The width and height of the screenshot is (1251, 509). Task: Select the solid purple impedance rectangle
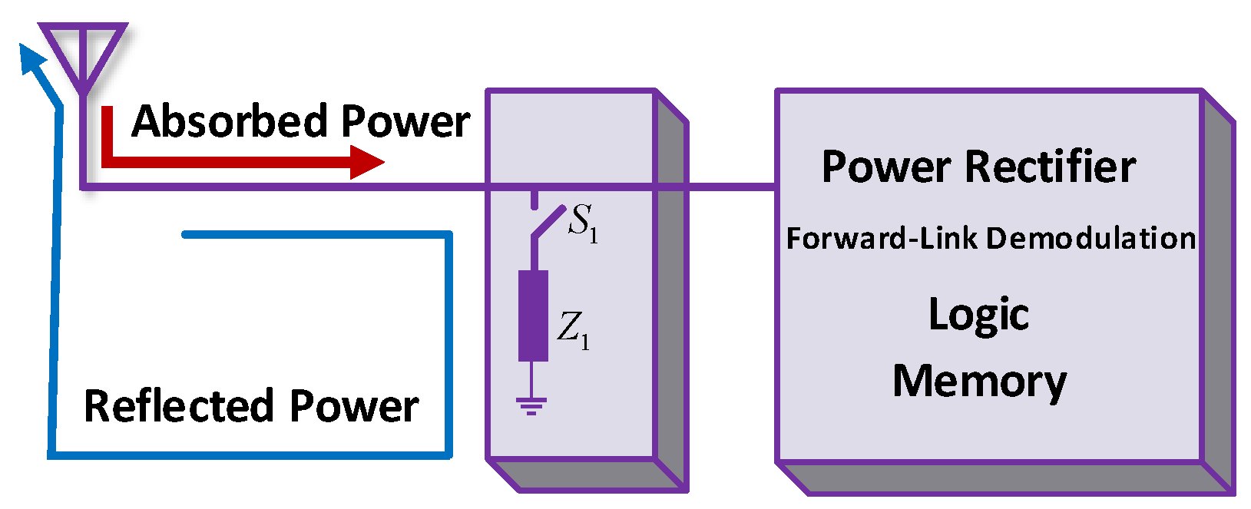(533, 316)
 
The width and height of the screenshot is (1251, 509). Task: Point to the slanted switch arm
(548, 223)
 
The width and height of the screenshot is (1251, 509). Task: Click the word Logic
(978, 315)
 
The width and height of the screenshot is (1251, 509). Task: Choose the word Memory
(978, 382)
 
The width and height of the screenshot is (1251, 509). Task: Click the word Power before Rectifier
(886, 167)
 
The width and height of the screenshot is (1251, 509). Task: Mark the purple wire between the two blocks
(730, 187)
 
